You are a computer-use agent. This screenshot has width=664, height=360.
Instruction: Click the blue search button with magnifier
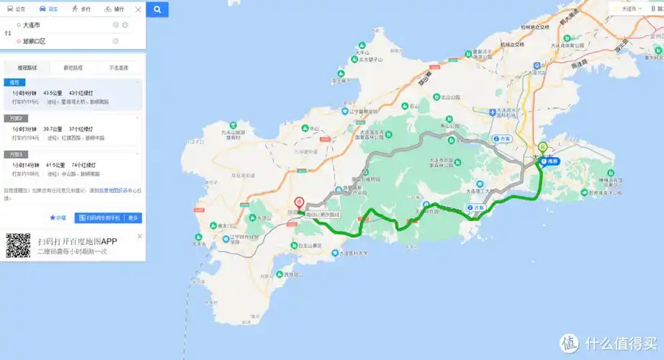157,9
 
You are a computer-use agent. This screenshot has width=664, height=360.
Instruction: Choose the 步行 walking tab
81,9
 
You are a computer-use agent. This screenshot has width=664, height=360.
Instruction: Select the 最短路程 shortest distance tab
73,68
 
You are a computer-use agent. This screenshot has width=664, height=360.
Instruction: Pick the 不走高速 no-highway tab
119,68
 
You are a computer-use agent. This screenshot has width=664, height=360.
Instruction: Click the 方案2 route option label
17,117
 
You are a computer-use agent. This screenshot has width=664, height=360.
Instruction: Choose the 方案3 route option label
17,154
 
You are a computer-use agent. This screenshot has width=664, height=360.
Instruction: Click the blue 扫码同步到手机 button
99,217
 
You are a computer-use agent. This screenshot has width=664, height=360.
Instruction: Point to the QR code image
18,245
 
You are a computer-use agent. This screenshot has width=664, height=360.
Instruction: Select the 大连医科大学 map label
354,253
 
